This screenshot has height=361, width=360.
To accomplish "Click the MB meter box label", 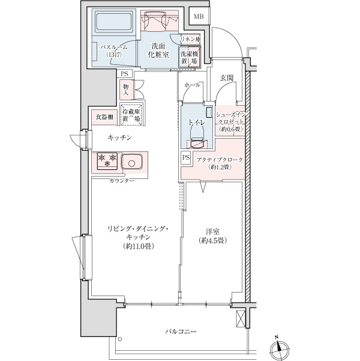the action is click(199, 17).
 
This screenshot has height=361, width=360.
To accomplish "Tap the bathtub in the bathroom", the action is click(115, 22).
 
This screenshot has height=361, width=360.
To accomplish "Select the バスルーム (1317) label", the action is click(114, 51).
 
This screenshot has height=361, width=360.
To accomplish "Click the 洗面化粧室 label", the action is click(158, 50).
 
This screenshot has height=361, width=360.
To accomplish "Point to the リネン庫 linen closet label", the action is click(190, 39).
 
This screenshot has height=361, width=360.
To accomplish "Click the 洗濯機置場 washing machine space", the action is click(190, 57).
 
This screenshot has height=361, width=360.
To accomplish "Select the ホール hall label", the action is click(193, 85).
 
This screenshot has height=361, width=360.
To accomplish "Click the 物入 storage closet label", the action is click(126, 90).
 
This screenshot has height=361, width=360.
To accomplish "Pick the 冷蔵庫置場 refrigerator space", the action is click(131, 114).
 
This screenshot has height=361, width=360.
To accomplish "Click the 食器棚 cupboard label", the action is click(104, 117).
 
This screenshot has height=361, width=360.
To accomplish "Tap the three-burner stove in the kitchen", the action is click(107, 161).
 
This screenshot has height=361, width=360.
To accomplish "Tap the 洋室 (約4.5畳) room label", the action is click(212, 235).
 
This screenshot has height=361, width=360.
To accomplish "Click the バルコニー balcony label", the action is click(181, 332).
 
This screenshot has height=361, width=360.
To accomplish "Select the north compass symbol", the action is click(279, 348).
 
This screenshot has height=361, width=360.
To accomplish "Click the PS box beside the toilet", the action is click(186, 157).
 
